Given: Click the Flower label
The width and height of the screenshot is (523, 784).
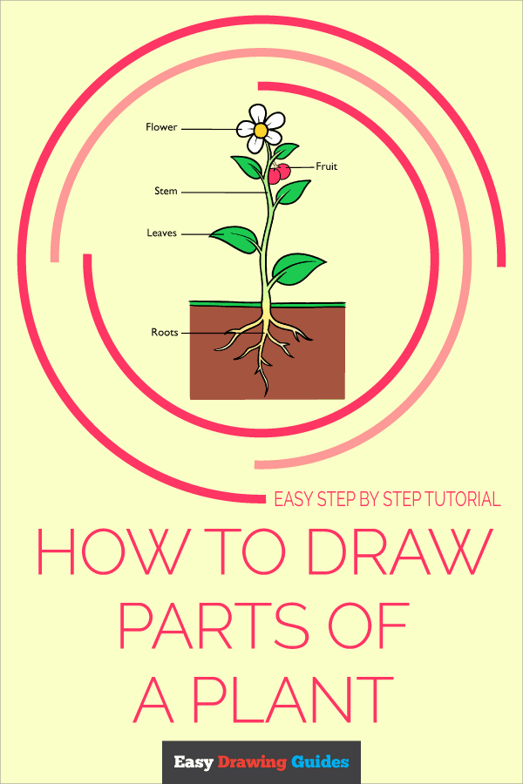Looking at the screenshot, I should (161, 127).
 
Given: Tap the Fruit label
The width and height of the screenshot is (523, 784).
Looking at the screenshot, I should (327, 166).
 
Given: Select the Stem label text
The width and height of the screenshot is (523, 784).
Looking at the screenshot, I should (166, 191).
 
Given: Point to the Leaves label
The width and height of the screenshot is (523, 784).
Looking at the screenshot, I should (162, 233).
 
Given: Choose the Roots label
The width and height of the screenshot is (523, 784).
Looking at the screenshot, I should (165, 332).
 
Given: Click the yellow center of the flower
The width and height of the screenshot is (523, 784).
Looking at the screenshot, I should (261, 130).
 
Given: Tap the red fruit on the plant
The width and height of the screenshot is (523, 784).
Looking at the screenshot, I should (278, 173).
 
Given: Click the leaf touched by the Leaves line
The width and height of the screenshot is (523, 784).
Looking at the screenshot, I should (235, 237).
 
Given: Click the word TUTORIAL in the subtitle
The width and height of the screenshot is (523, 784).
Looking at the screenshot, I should (457, 500).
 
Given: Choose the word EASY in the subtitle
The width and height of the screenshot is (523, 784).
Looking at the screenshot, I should (294, 500).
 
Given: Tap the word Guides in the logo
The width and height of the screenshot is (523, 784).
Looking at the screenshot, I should (320, 763).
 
